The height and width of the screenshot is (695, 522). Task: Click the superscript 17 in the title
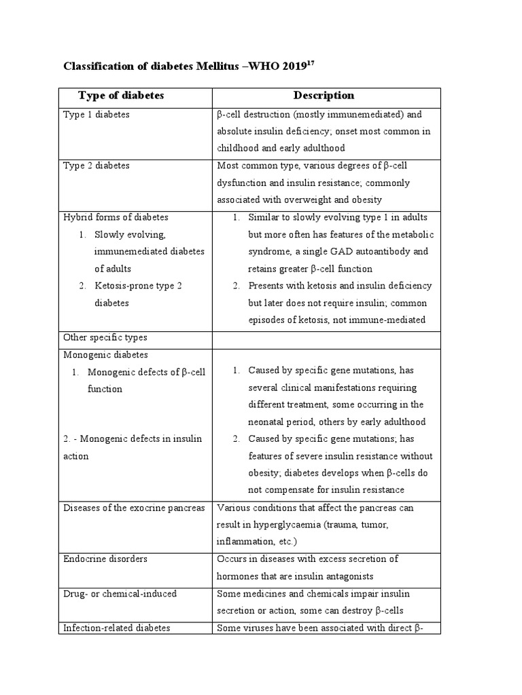[310, 64]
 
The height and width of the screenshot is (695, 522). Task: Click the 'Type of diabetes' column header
[121, 96]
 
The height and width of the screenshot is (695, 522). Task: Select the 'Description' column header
[324, 96]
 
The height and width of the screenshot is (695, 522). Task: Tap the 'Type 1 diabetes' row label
[97, 115]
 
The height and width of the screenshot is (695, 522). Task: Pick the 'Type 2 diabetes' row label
[97, 166]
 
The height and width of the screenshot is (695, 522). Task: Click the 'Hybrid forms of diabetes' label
[116, 217]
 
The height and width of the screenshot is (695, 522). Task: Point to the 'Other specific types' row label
[105, 337]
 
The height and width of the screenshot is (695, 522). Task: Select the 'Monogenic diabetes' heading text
[105, 354]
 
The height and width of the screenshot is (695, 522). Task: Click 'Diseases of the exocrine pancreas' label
[134, 508]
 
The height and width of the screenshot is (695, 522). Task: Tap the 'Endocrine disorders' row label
[105, 559]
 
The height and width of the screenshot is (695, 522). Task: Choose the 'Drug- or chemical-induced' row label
[120, 594]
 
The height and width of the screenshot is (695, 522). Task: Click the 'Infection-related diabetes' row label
[116, 628]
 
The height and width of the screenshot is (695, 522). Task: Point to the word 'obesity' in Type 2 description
[366, 200]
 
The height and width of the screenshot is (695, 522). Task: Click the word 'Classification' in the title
[96, 67]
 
